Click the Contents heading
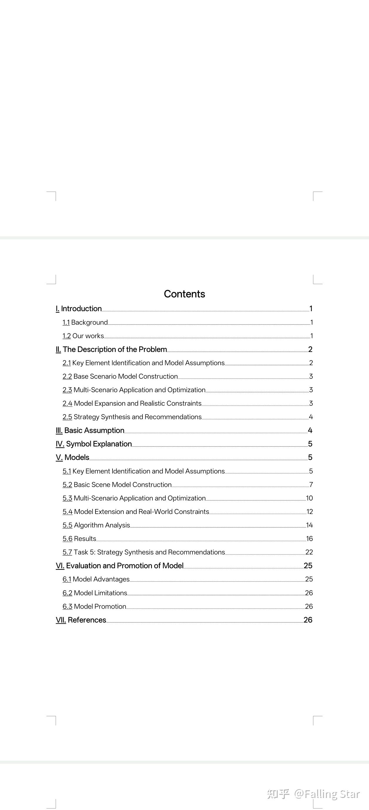click(184, 294)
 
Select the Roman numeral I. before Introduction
click(57, 309)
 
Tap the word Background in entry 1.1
click(89, 322)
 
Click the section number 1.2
click(66, 336)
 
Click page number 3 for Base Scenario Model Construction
click(311, 376)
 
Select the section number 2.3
click(67, 390)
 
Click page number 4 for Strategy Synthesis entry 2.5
click(311, 417)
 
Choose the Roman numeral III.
click(59, 431)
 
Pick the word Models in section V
click(77, 458)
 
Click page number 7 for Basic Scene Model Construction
click(311, 485)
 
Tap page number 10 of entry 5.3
click(309, 498)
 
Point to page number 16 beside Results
click(309, 539)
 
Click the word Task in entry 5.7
click(81, 552)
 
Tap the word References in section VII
click(87, 620)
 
